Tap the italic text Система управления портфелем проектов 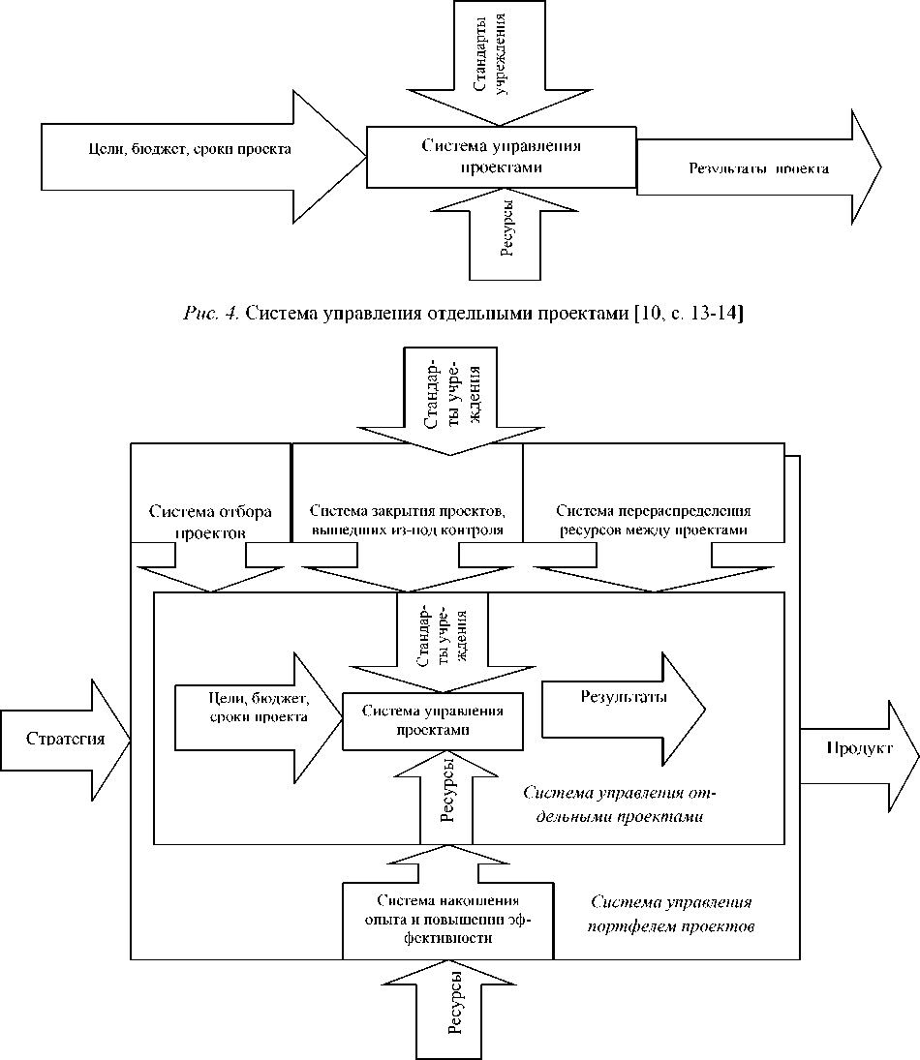point(672,914)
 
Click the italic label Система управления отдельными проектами point(619,803)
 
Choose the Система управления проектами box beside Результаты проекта point(501,156)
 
